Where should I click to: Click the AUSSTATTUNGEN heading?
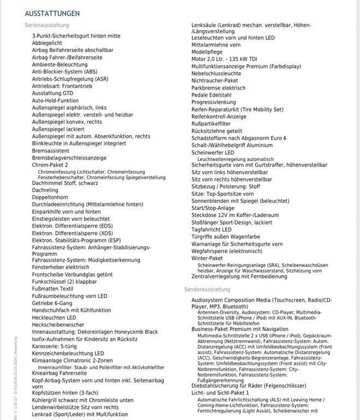click(52, 13)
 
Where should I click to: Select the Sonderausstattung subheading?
click(207, 289)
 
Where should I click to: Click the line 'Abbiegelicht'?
click(47, 42)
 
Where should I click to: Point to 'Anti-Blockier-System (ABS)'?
click(64, 72)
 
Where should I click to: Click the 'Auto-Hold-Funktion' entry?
click(55, 101)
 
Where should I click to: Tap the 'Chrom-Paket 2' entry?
click(50, 165)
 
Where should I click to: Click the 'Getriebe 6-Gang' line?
click(52, 303)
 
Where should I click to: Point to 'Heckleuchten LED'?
click(54, 317)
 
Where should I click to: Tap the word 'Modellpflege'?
click(208, 52)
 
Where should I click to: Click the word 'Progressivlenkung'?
click(214, 102)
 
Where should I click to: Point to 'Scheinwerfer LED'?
click(213, 153)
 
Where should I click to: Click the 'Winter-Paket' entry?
click(207, 258)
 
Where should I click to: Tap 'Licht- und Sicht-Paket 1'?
click(220, 393)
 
